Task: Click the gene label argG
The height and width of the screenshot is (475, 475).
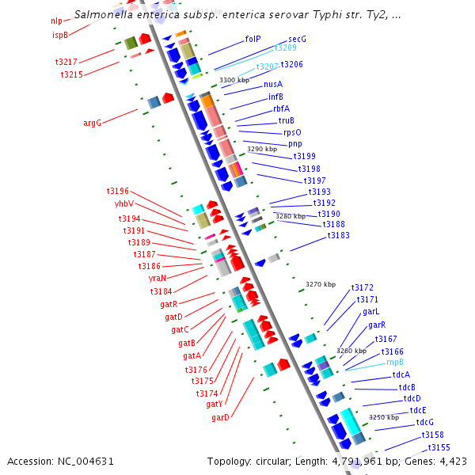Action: (x=92, y=123)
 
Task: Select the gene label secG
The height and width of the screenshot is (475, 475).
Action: (x=297, y=38)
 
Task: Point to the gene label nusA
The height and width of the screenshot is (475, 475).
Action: (x=273, y=84)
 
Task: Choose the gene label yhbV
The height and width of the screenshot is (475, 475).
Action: (x=123, y=203)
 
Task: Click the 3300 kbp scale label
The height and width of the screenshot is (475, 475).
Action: (x=234, y=81)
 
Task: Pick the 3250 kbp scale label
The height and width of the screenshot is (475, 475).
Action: (x=384, y=417)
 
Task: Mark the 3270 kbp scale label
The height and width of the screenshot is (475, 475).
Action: (x=321, y=284)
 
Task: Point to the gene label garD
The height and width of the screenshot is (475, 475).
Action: (x=220, y=417)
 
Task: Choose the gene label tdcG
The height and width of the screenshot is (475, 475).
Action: (x=425, y=423)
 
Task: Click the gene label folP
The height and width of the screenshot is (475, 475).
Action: (x=253, y=38)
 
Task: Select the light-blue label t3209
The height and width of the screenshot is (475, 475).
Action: (x=285, y=47)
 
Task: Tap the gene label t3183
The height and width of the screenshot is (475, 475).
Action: (x=338, y=236)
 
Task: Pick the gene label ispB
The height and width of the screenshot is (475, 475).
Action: (x=60, y=35)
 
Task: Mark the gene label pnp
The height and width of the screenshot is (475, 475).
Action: (x=294, y=144)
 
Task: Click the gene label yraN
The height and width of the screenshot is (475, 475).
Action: (x=158, y=278)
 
